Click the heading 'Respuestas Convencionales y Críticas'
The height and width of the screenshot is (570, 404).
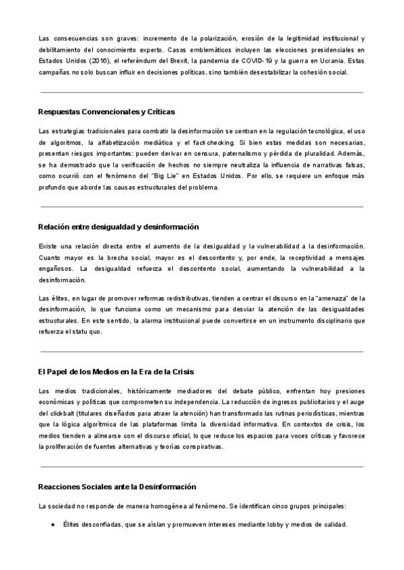click(x=107, y=112)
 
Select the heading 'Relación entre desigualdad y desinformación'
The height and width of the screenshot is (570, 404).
click(x=119, y=227)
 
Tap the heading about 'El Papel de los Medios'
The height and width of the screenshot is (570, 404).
click(x=116, y=372)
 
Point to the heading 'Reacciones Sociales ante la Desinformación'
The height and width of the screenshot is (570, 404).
click(x=117, y=486)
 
